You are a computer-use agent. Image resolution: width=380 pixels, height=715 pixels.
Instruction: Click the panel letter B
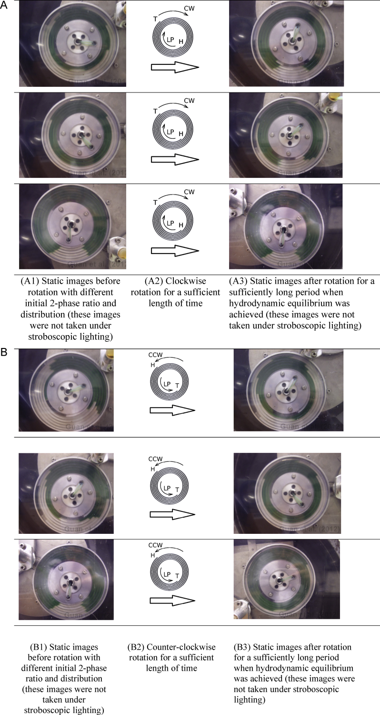coord(4,353)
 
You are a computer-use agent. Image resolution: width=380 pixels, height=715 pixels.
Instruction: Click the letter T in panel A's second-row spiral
coord(156,111)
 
